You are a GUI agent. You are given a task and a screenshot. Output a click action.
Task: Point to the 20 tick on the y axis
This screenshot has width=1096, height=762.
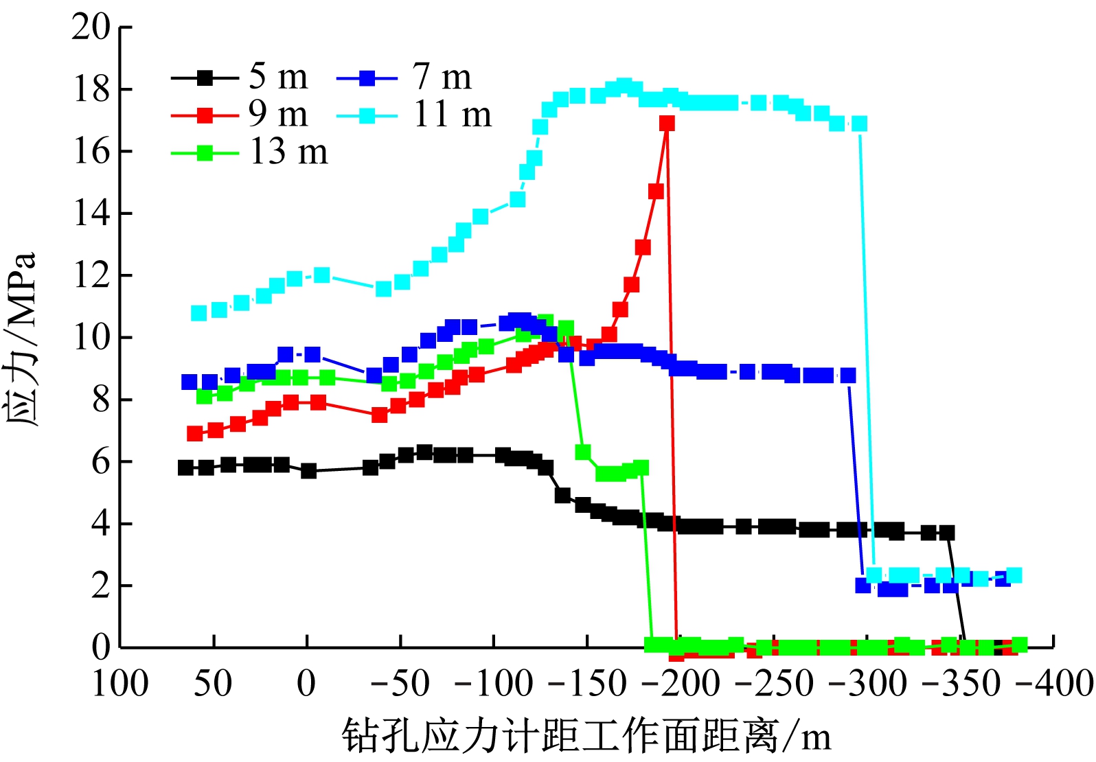[91, 27]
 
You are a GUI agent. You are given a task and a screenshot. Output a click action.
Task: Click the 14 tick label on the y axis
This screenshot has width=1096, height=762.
[91, 213]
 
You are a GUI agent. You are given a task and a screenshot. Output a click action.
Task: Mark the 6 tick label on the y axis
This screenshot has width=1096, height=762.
[101, 461]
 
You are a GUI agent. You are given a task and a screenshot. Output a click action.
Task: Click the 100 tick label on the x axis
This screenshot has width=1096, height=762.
[120, 684]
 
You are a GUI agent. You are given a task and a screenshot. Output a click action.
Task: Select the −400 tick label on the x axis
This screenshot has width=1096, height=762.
[1054, 684]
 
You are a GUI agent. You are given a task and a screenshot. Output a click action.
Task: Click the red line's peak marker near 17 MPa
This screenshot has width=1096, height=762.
[667, 123]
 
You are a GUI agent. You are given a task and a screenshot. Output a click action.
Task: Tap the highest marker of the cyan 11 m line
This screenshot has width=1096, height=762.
[624, 86]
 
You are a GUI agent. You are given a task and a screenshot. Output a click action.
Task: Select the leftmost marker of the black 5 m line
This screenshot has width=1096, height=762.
[185, 467]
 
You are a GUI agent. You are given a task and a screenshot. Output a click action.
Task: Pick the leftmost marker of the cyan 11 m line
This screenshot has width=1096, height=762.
[199, 313]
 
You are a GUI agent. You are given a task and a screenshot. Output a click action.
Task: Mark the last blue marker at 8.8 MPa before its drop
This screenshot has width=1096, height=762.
[849, 376]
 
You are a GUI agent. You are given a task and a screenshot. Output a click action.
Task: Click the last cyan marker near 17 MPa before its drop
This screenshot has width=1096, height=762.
[859, 124]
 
